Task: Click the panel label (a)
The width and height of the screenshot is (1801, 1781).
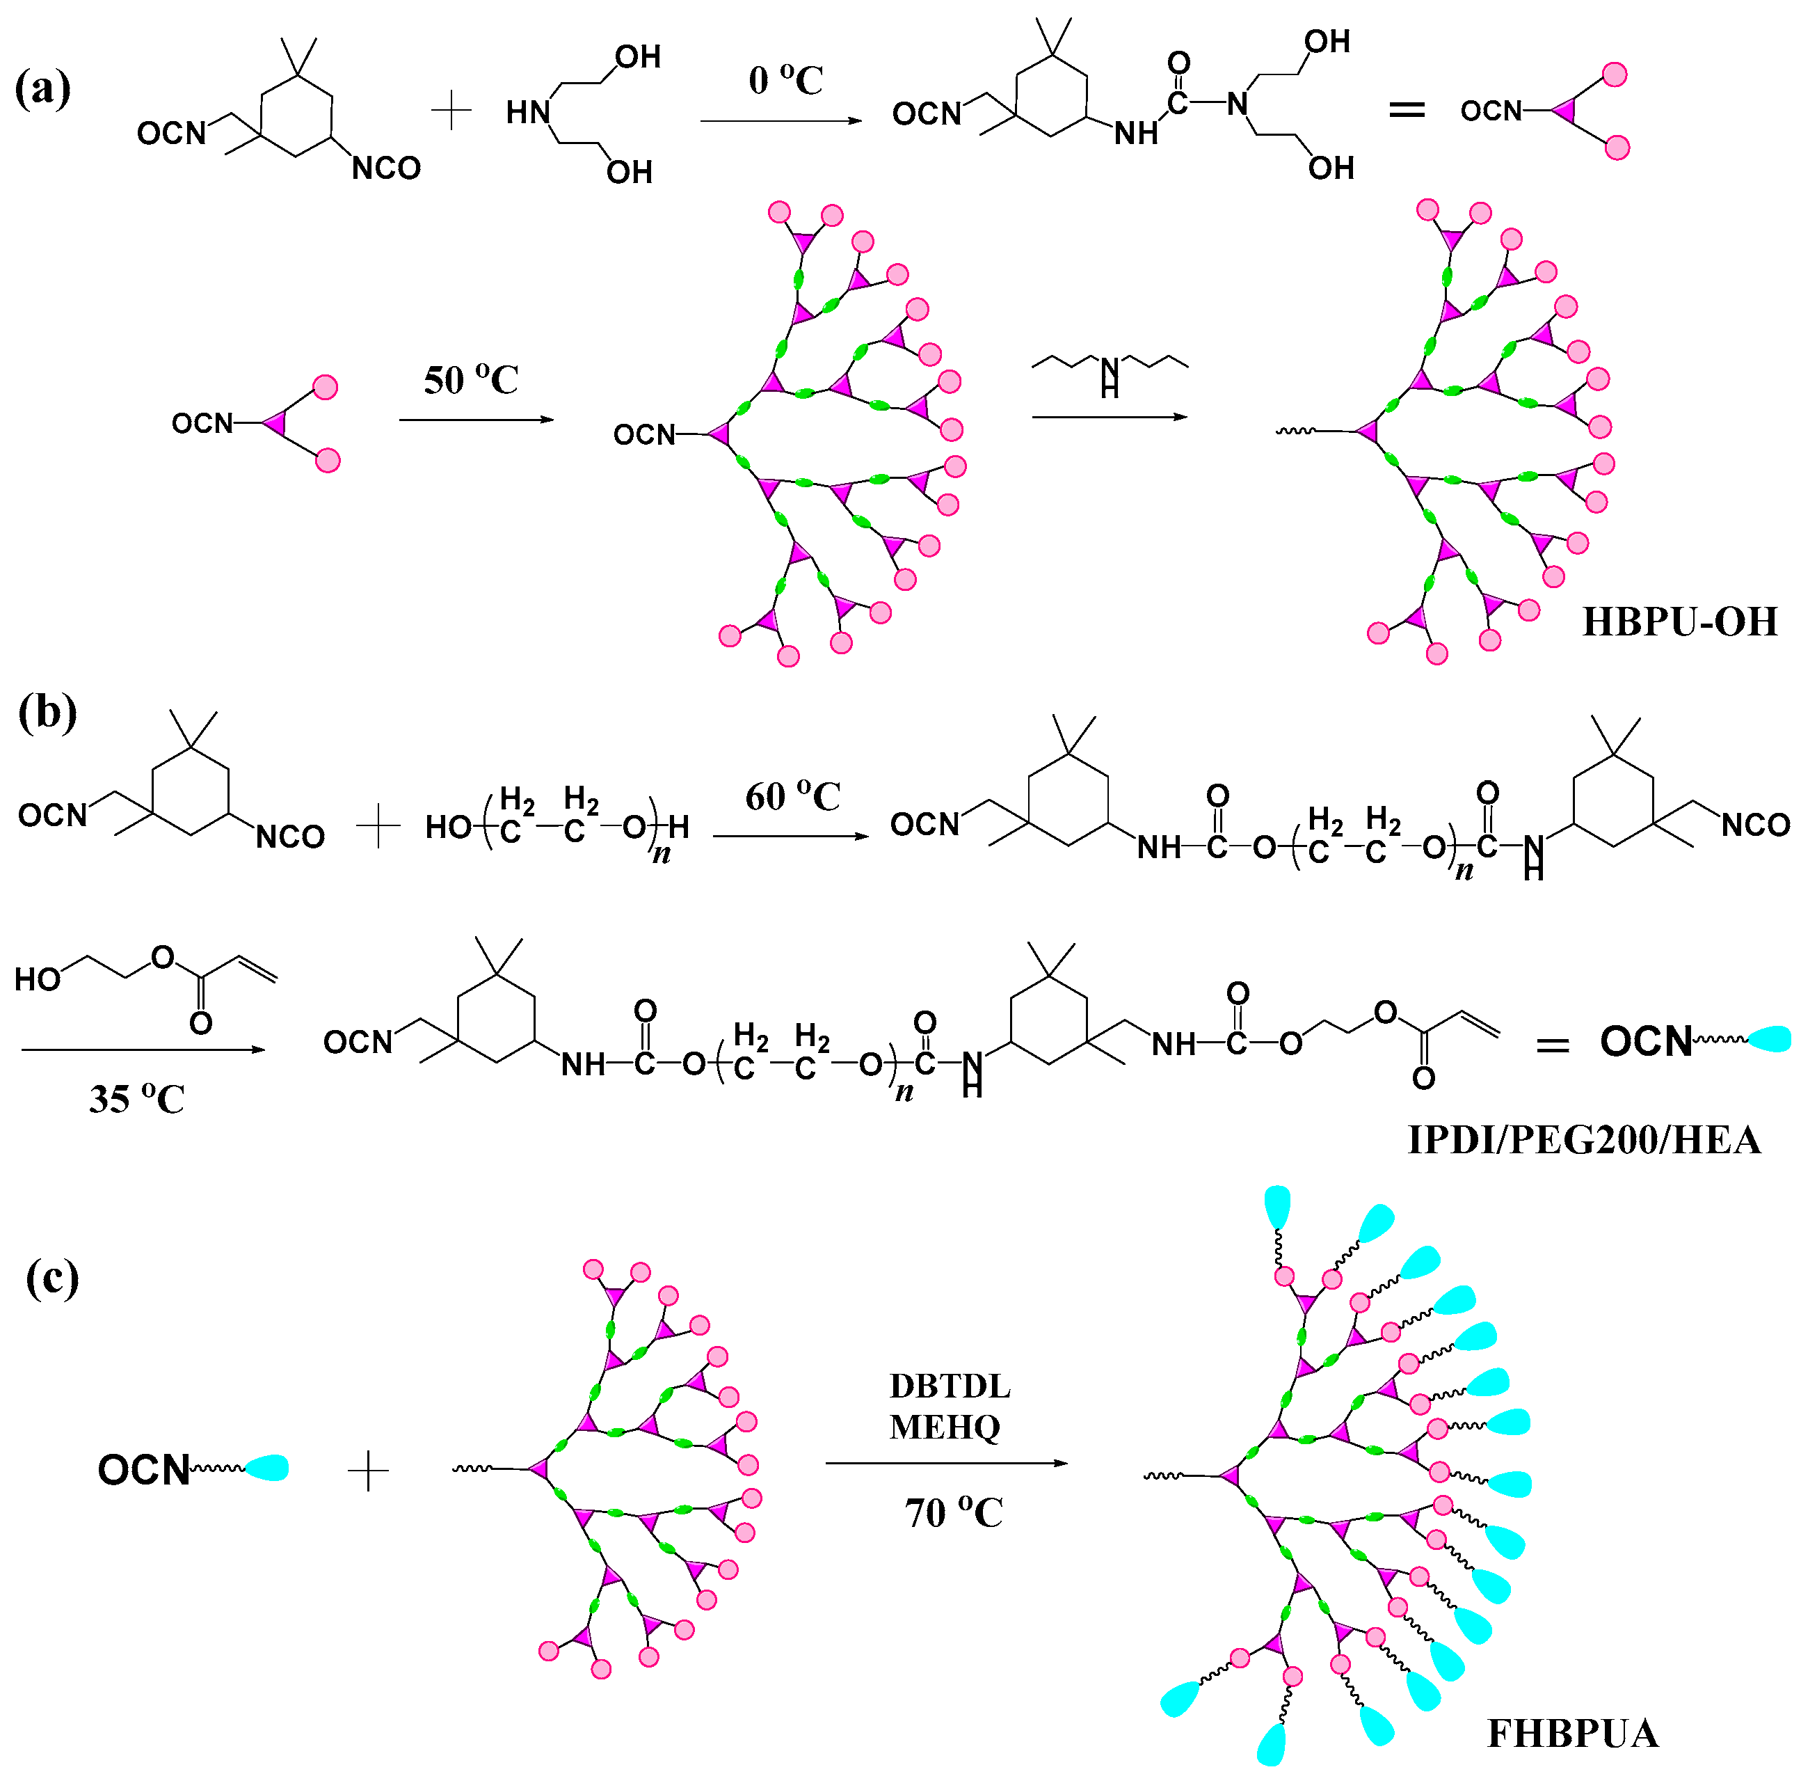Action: pos(43,90)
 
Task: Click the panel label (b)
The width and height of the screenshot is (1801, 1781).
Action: pos(47,713)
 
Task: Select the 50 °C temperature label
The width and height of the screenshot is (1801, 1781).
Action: pos(471,379)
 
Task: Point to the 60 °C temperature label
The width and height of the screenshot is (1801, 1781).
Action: pos(792,795)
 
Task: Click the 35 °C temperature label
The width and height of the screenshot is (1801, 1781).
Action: pos(136,1098)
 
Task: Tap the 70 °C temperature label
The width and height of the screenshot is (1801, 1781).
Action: pos(953,1512)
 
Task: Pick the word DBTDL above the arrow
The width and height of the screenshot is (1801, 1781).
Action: pos(949,1386)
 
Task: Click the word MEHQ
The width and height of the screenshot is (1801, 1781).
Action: pos(944,1427)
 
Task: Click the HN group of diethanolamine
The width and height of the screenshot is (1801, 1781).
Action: pos(527,113)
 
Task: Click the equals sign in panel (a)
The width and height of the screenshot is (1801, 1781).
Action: pos(1407,110)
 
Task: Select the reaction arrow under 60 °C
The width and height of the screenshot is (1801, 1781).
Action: pos(790,837)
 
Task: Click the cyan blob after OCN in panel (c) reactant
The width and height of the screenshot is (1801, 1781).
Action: pos(266,1468)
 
